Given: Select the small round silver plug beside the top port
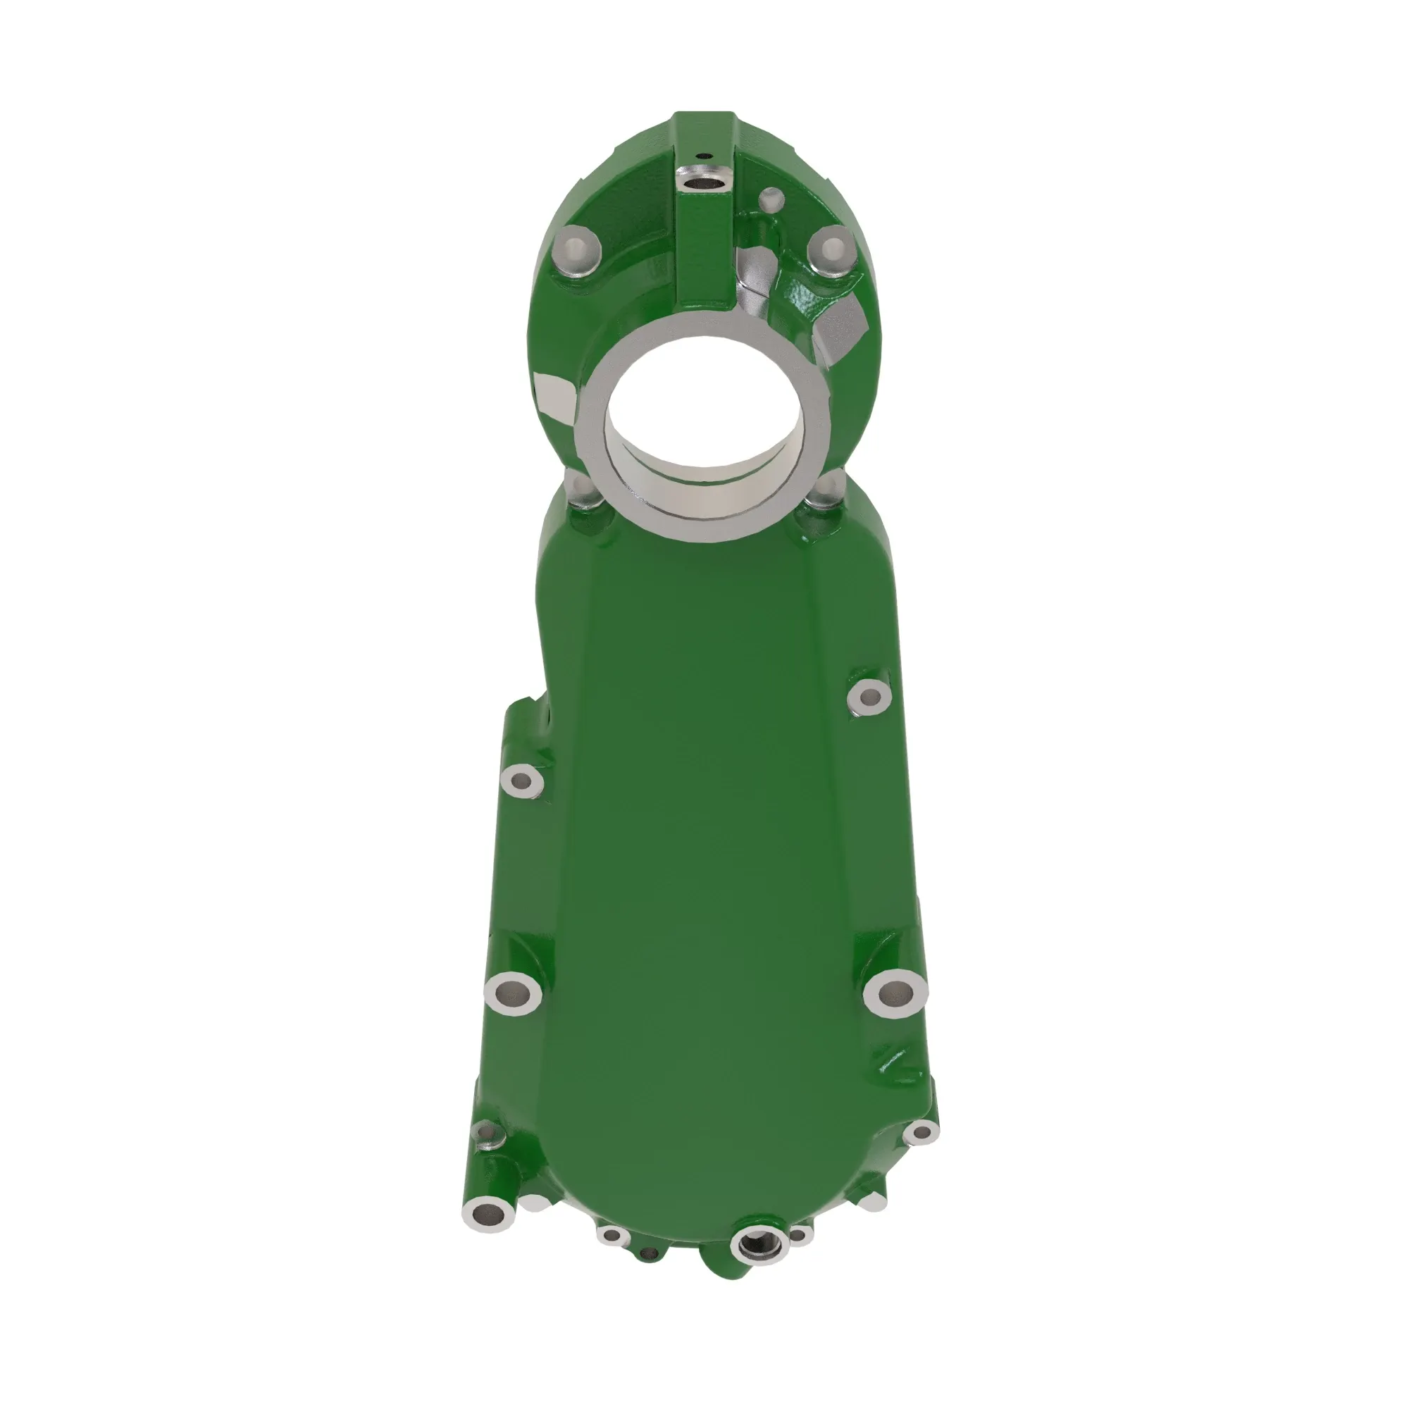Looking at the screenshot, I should point(771,198).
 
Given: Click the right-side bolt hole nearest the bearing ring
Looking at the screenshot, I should point(869,697).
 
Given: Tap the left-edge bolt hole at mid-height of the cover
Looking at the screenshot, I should point(521,781).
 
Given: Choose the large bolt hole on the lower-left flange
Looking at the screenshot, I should point(513,993).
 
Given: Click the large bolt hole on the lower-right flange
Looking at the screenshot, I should point(895,991).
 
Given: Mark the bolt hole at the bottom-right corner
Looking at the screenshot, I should point(921,1133).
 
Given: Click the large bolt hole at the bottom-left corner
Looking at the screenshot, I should point(488,1215).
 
